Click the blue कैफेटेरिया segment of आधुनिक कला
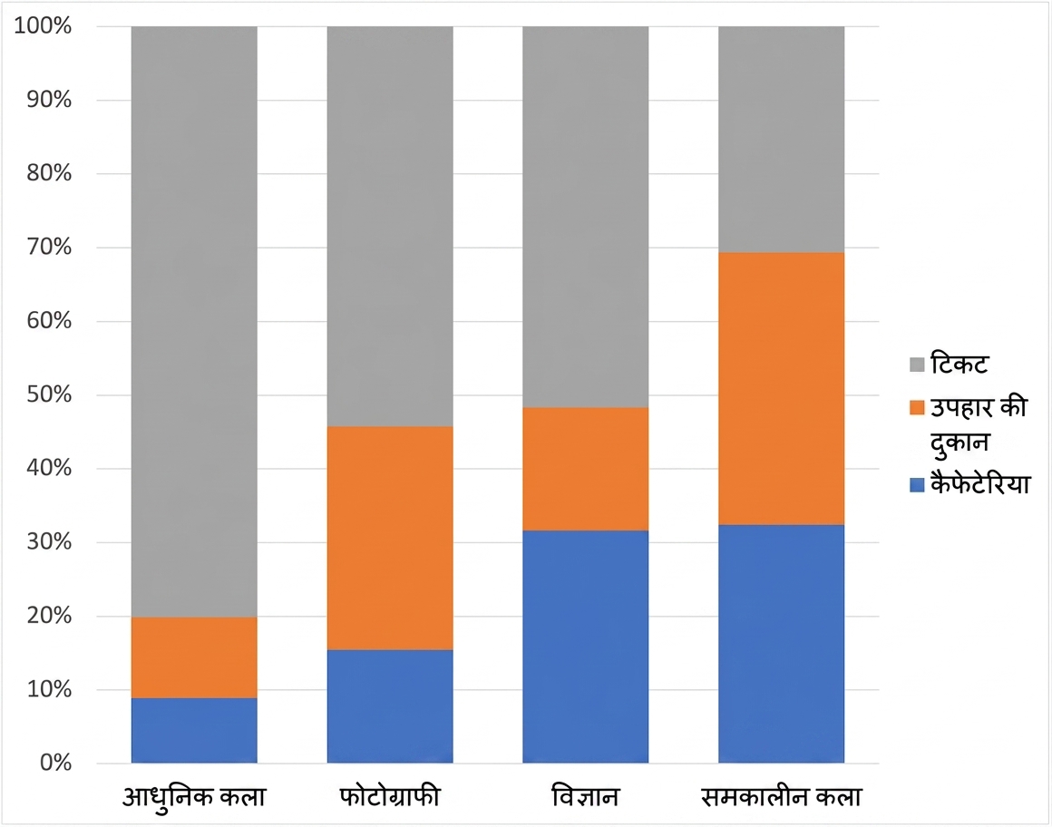click(x=194, y=730)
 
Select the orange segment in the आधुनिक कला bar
click(x=194, y=658)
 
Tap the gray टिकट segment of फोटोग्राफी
click(x=390, y=227)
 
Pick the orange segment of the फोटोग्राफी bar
click(x=390, y=538)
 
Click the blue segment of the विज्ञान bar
click(x=586, y=647)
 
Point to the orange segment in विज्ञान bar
click(x=586, y=469)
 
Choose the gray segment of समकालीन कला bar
click(x=782, y=140)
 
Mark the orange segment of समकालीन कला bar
click(x=782, y=389)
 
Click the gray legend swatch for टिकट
click(x=917, y=365)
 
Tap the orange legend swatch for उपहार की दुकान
click(x=917, y=408)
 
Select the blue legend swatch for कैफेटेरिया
click(x=917, y=485)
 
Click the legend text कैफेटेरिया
click(x=979, y=484)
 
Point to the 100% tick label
click(x=43, y=26)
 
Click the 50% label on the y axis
click(x=49, y=394)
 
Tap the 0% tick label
click(x=55, y=763)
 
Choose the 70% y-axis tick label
click(x=49, y=247)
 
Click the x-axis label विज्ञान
click(x=585, y=797)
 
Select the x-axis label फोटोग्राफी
click(x=390, y=797)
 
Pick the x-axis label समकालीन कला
click(x=781, y=797)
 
